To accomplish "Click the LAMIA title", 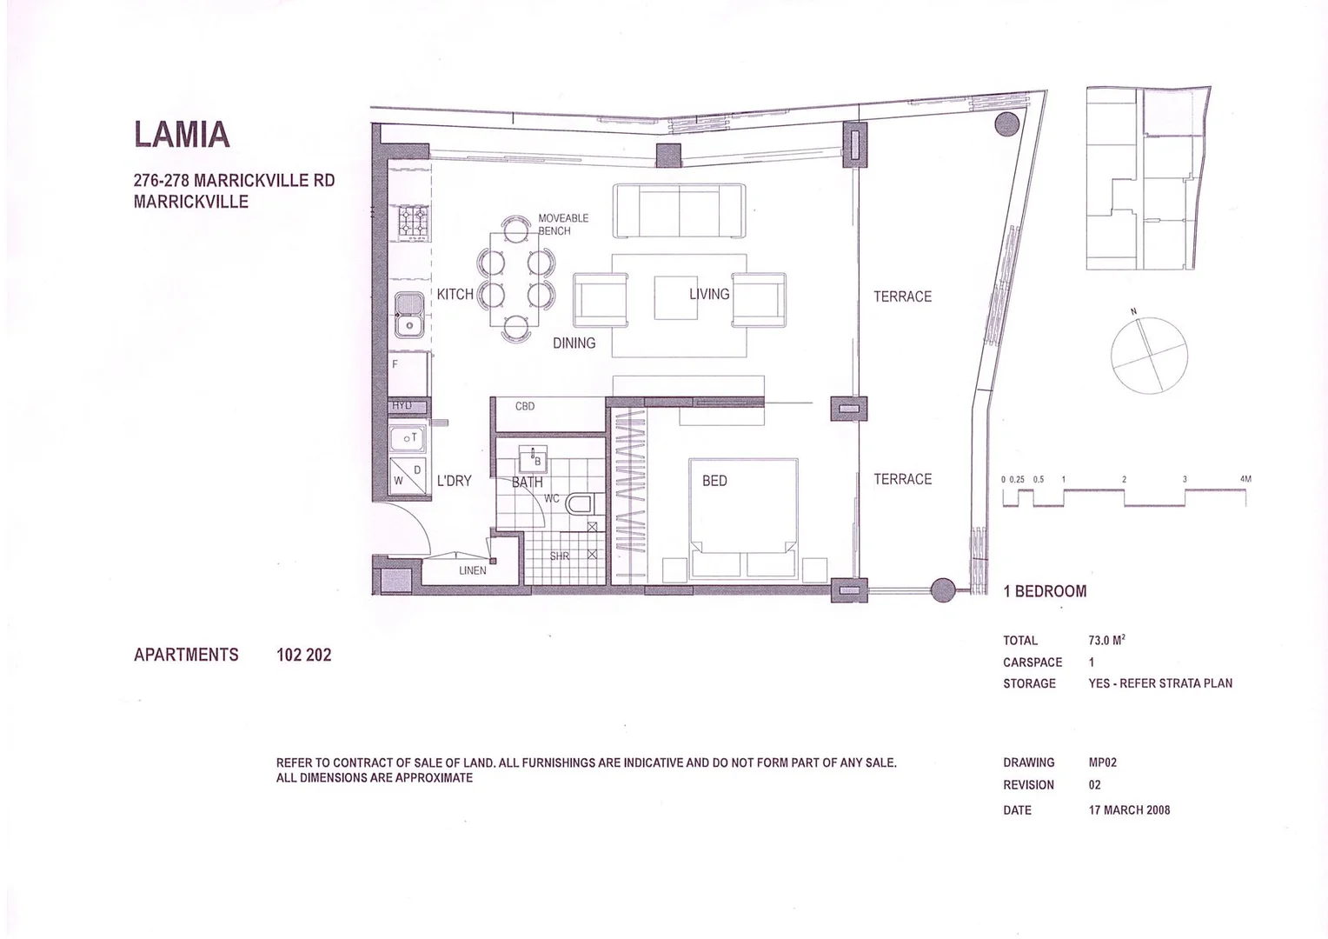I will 182,135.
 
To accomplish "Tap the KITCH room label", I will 455,294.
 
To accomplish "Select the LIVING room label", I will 709,294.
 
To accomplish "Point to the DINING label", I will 574,343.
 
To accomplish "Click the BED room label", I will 714,481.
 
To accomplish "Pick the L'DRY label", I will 454,481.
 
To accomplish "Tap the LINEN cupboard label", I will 473,571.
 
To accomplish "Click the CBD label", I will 525,406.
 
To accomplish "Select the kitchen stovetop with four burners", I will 413,222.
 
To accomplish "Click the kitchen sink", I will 408,315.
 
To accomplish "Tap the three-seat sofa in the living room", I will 679,210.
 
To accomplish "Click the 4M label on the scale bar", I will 1245,479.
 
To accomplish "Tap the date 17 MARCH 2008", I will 1129,810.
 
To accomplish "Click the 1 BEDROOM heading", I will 1045,591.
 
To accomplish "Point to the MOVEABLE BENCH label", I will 562,224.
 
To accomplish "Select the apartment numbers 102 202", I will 303,655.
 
